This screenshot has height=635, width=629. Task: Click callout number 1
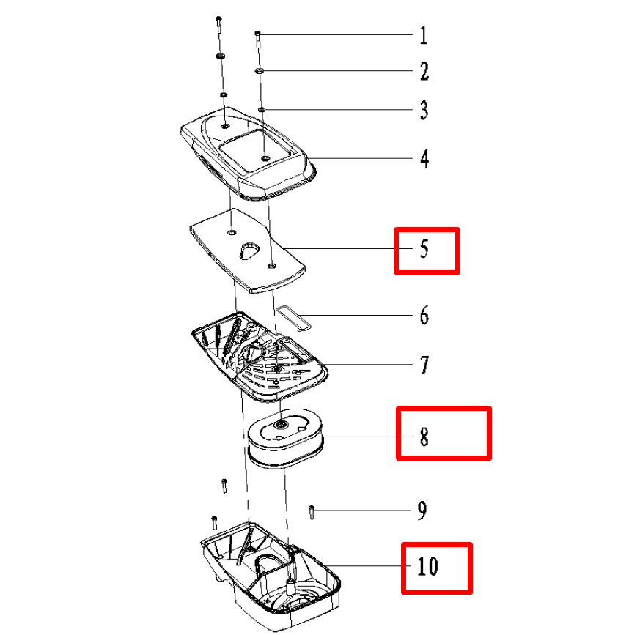click(424, 35)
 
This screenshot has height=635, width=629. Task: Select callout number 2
click(424, 71)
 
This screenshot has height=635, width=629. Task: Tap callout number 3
click(424, 110)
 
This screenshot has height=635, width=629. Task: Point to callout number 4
click(424, 158)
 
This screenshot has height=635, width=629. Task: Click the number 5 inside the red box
click(424, 249)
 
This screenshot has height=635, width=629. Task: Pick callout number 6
click(424, 316)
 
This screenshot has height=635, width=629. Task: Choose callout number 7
click(424, 365)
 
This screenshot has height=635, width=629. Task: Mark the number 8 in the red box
click(424, 437)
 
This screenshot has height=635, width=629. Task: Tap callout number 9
click(422, 510)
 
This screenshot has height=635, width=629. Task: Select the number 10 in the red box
click(427, 566)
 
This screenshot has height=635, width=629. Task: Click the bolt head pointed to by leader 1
click(257, 33)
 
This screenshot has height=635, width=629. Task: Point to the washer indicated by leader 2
click(259, 71)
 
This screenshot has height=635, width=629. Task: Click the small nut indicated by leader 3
click(262, 109)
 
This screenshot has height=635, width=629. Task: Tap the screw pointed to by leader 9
click(312, 512)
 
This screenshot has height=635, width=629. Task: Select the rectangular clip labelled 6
click(293, 319)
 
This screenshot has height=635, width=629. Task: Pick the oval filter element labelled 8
click(286, 439)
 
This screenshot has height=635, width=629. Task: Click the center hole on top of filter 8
click(280, 424)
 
